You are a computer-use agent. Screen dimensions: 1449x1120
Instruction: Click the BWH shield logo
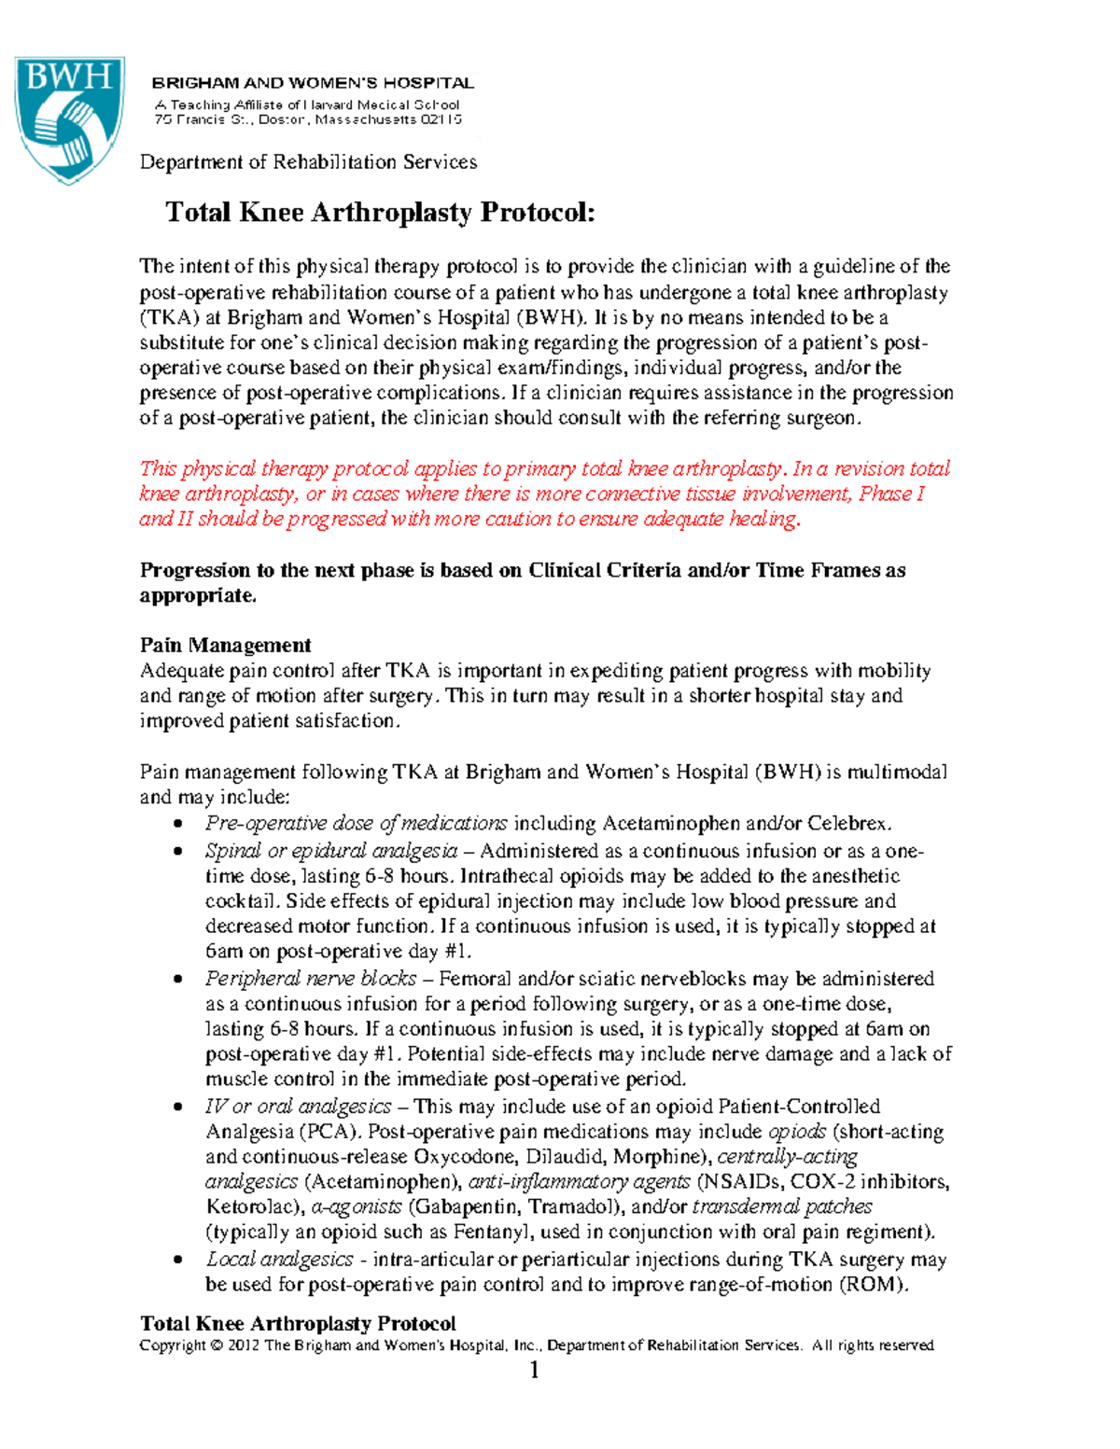point(68,119)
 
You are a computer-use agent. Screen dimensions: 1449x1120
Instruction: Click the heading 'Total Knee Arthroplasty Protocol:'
point(380,213)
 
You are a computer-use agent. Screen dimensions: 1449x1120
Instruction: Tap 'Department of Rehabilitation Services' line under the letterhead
point(308,162)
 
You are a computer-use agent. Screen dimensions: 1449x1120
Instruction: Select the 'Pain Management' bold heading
point(225,646)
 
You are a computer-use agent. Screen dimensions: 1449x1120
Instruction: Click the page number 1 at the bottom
point(535,1371)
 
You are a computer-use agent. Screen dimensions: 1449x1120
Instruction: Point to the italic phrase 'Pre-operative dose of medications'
point(356,824)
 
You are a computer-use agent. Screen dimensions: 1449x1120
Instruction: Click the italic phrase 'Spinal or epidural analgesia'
point(331,851)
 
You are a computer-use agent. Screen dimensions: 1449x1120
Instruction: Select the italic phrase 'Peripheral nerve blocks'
point(311,979)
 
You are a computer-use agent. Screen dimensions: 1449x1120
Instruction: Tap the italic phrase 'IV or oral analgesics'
point(298,1107)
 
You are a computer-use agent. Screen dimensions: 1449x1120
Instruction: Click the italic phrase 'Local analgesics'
point(279,1260)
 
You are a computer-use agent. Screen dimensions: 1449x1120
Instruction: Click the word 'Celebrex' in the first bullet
point(848,824)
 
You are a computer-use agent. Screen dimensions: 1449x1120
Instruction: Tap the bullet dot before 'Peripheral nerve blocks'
point(177,980)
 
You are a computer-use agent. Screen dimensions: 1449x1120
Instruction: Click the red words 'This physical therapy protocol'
point(273,469)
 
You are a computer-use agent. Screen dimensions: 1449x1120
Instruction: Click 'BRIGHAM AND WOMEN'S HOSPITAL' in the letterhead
point(314,83)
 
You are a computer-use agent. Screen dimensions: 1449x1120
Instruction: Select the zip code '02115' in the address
point(441,120)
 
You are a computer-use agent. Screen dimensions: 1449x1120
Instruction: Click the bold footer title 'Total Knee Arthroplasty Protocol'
point(298,1324)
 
